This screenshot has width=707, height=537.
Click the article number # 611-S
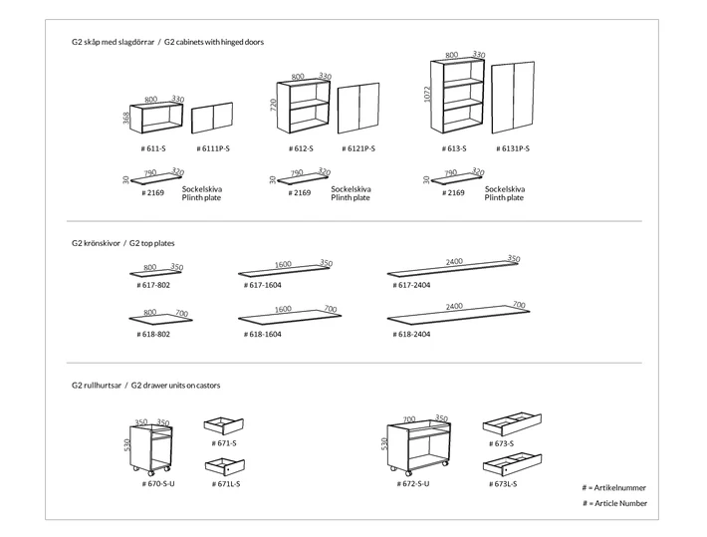(x=153, y=148)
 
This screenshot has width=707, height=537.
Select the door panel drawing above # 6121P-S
(x=358, y=109)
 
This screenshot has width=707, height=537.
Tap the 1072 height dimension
(x=427, y=95)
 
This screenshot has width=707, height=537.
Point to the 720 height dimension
(x=274, y=106)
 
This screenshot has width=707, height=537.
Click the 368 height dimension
(x=126, y=118)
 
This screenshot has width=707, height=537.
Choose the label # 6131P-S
(x=513, y=148)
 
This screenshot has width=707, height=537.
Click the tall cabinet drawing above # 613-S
(x=457, y=96)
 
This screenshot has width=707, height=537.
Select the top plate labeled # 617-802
(x=156, y=273)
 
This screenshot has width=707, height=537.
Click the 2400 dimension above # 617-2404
(x=454, y=261)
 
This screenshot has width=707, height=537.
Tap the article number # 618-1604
(x=263, y=335)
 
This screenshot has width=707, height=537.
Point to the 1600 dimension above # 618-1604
(x=283, y=309)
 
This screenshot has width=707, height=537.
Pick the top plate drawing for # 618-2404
(x=458, y=316)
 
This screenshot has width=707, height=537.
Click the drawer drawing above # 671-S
(x=224, y=425)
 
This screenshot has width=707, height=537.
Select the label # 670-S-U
(x=158, y=484)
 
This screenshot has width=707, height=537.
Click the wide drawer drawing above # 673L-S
(x=512, y=464)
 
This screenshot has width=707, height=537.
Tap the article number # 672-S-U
(x=413, y=484)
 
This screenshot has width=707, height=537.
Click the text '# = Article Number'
(x=614, y=503)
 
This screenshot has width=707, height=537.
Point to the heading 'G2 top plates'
(x=152, y=243)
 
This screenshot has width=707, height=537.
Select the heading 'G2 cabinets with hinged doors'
(x=214, y=42)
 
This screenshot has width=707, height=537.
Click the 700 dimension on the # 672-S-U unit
(x=409, y=419)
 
